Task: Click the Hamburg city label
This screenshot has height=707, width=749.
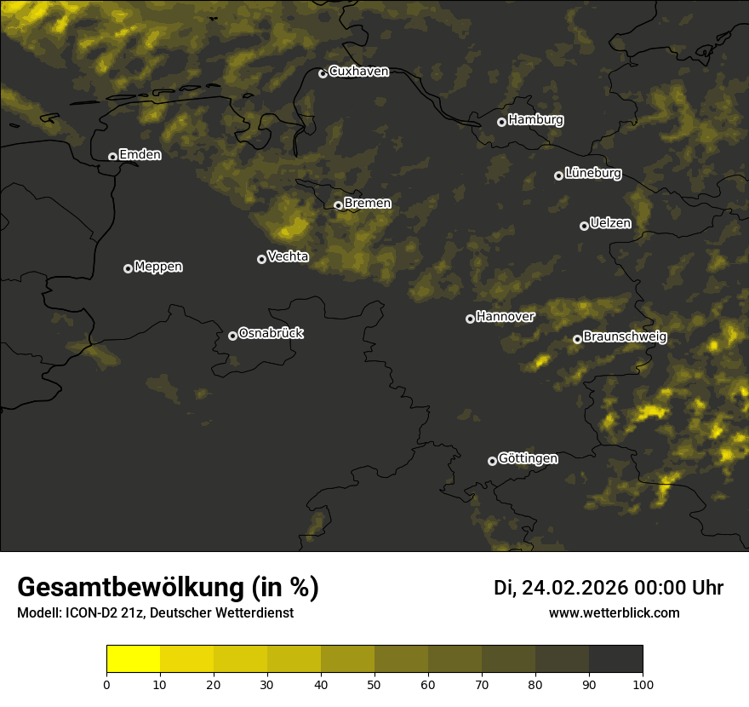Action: click(535, 120)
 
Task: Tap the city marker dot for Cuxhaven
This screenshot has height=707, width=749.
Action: click(323, 73)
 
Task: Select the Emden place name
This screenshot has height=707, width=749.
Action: click(140, 155)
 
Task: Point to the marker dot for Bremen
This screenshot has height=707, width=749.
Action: click(338, 205)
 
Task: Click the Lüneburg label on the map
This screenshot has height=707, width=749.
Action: click(592, 174)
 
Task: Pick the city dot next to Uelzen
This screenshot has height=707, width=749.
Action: click(584, 226)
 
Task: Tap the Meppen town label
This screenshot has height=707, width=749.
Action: click(158, 267)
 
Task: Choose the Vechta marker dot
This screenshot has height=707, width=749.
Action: click(261, 259)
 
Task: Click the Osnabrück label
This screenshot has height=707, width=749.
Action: click(271, 333)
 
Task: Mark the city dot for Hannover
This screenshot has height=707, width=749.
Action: click(470, 319)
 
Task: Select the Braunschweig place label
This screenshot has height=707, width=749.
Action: click(625, 337)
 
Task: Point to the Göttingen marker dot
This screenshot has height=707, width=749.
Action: click(492, 461)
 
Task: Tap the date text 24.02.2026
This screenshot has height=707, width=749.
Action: click(575, 588)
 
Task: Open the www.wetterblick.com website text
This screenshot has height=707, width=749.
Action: click(614, 612)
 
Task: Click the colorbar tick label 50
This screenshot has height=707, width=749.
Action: click(374, 683)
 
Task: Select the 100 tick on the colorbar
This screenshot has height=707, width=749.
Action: click(643, 683)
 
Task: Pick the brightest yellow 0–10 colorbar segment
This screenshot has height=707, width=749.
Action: click(133, 659)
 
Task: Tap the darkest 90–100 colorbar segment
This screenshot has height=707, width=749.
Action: click(615, 659)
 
